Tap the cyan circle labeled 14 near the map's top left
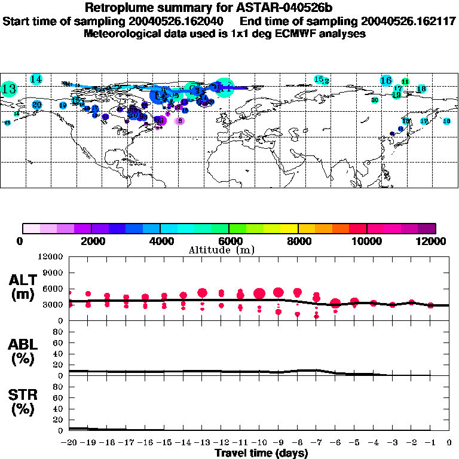click(x=36, y=79)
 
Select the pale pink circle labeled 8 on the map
click(x=179, y=121)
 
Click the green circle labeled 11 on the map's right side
click(x=405, y=81)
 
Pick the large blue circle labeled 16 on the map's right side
click(x=386, y=80)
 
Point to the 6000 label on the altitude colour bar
click(x=229, y=241)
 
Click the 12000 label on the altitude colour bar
click(x=433, y=241)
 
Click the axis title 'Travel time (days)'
click(x=261, y=453)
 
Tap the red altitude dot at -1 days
click(x=430, y=305)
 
